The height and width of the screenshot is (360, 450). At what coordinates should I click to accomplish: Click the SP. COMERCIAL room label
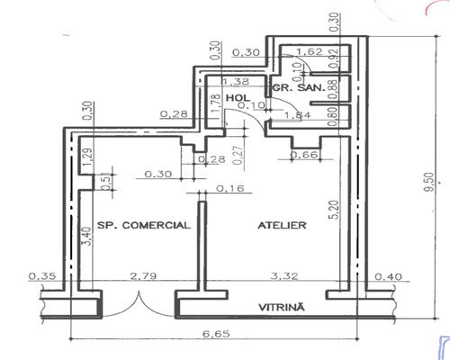click(143, 225)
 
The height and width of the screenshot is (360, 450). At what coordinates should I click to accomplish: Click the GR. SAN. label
click(292, 90)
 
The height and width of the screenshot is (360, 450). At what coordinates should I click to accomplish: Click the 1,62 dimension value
click(310, 52)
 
